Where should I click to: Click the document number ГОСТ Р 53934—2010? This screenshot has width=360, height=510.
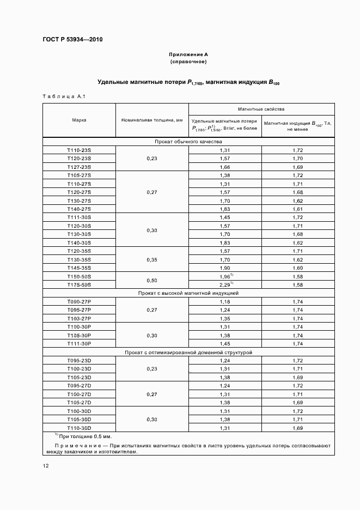tap(72, 40)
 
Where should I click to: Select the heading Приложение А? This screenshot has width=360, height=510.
tap(188, 54)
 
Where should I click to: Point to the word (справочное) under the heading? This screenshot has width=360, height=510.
tap(188, 62)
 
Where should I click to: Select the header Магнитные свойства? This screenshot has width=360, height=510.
tap(261, 109)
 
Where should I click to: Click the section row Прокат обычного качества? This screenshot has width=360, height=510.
tap(188, 142)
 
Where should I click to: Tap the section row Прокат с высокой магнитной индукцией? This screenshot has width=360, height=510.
tap(188, 293)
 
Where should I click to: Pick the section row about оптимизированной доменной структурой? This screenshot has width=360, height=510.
tap(188, 353)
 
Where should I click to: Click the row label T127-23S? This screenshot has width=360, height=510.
tap(79, 167)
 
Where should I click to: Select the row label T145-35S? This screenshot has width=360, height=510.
tap(79, 268)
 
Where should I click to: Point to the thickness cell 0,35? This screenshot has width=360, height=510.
tap(151, 260)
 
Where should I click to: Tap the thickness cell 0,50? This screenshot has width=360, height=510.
tap(151, 281)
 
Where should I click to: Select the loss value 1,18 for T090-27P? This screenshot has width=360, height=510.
tap(224, 301)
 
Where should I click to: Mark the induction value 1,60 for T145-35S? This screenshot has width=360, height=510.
tap(298, 268)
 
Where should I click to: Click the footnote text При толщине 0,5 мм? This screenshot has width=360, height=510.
tap(84, 437)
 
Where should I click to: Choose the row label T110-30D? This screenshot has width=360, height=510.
tap(79, 428)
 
